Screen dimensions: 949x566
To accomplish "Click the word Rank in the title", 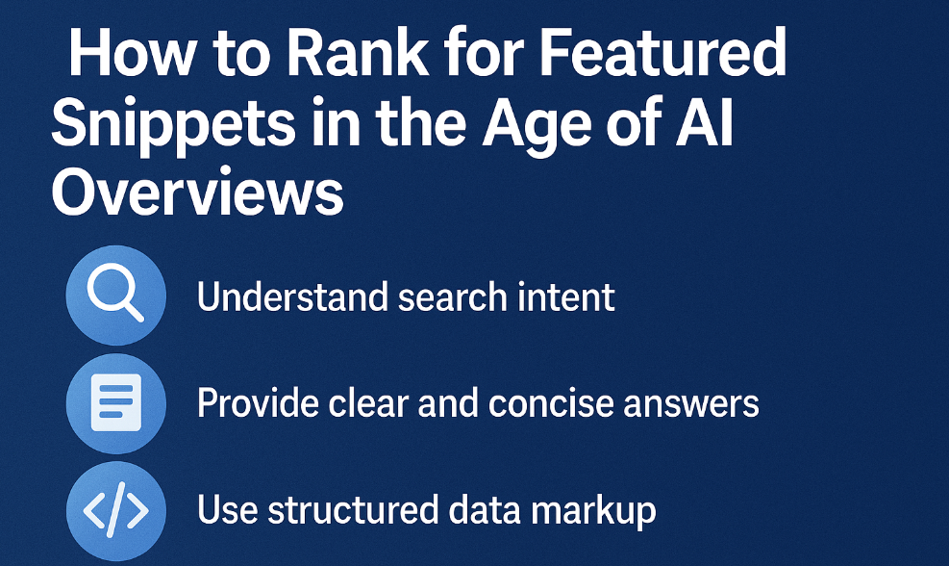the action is [x=358, y=53].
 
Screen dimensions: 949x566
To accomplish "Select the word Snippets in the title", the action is [x=174, y=124].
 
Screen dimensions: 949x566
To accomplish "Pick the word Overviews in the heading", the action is [x=198, y=193].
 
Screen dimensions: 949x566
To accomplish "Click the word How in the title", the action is [x=132, y=53].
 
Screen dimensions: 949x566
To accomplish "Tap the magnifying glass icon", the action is [x=115, y=296].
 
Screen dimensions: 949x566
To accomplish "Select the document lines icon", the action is [x=116, y=403].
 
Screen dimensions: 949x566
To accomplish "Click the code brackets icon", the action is [x=116, y=509].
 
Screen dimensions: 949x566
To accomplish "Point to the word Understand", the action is [x=292, y=296].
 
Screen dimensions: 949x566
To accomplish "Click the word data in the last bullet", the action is [x=485, y=509].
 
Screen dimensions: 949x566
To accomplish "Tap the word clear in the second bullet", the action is [x=368, y=403].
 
